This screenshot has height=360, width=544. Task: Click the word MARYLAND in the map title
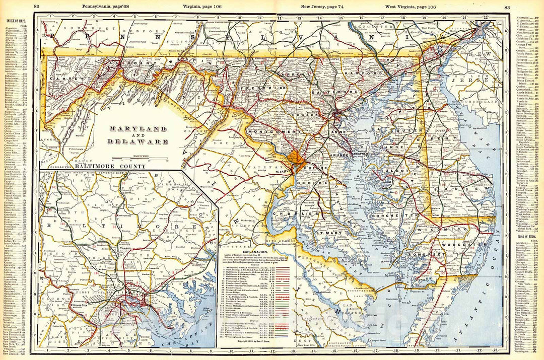click(x=138, y=128)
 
